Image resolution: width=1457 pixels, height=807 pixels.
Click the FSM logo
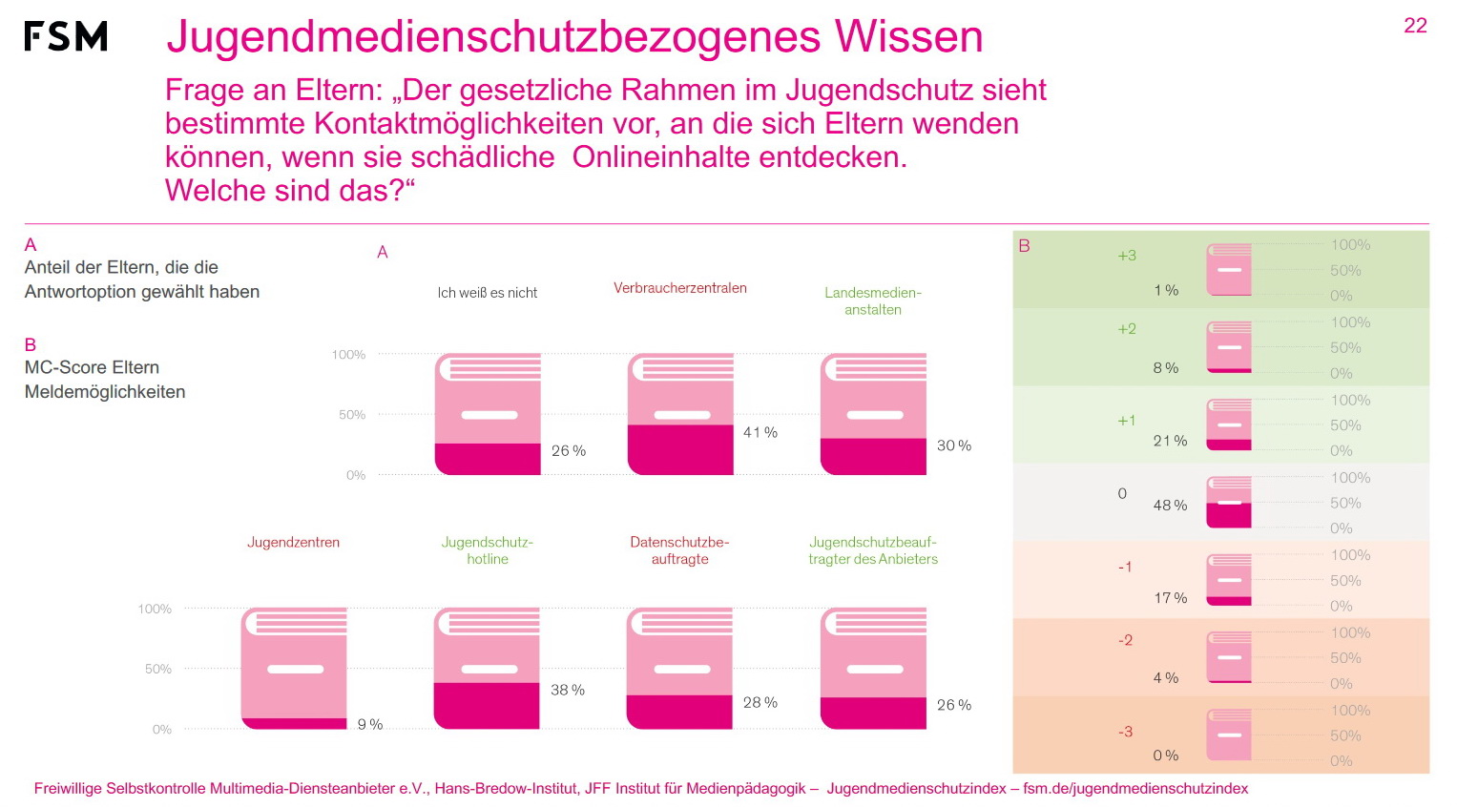tap(66, 36)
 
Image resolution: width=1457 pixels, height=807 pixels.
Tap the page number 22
tap(1415, 26)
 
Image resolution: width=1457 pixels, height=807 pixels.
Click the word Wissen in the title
tap(908, 37)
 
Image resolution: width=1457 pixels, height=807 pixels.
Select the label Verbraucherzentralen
tap(679, 288)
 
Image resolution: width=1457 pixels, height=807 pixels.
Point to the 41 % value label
tap(760, 432)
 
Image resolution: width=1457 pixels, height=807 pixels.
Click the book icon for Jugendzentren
tap(294, 669)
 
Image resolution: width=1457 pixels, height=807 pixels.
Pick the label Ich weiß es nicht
tap(487, 293)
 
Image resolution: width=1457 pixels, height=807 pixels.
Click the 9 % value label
tap(370, 725)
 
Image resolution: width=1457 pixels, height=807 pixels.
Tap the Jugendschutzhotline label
tap(487, 550)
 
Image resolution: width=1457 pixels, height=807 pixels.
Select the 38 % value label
tap(568, 690)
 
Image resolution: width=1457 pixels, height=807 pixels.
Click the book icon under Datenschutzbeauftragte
tap(679, 669)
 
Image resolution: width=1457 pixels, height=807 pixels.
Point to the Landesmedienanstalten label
tap(872, 300)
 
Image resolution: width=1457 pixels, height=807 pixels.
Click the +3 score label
tap(1127, 256)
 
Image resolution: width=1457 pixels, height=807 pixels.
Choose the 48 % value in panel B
tap(1170, 506)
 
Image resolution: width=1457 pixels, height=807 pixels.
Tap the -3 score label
tap(1125, 732)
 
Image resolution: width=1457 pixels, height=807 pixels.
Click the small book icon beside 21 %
tap(1229, 424)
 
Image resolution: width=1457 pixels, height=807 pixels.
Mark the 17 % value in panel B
tap(1170, 598)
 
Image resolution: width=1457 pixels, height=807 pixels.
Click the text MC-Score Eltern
tap(92, 367)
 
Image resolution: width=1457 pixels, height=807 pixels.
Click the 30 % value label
tap(954, 445)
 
